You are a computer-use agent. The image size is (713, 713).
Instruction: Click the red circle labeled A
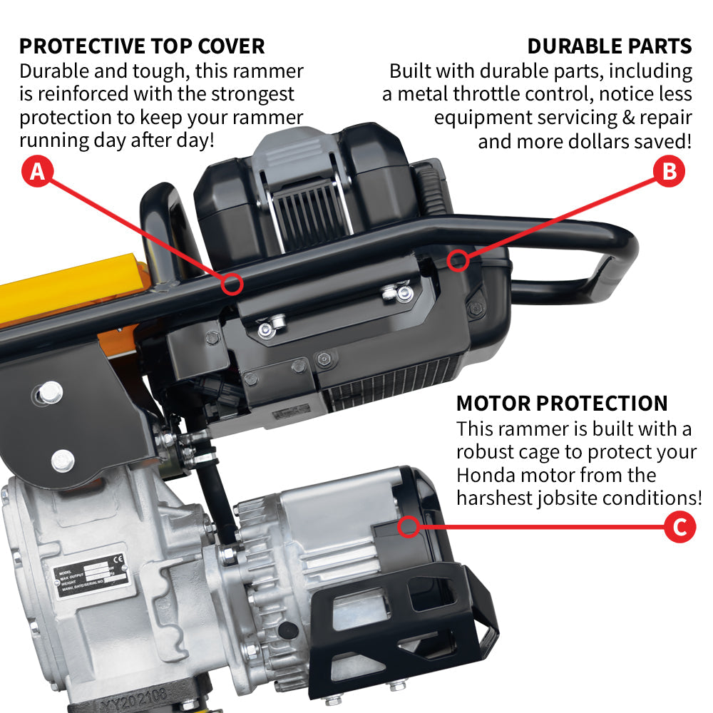[39, 171]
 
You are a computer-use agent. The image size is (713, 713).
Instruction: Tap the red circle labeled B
[670, 171]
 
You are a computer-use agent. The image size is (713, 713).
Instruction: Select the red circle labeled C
[679, 528]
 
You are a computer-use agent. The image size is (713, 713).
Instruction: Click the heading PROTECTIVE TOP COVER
[142, 46]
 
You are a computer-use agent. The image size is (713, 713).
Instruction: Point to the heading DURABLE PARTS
[610, 46]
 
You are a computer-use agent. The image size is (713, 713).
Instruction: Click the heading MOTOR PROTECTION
[562, 403]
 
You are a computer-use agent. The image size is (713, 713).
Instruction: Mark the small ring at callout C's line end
[409, 527]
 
